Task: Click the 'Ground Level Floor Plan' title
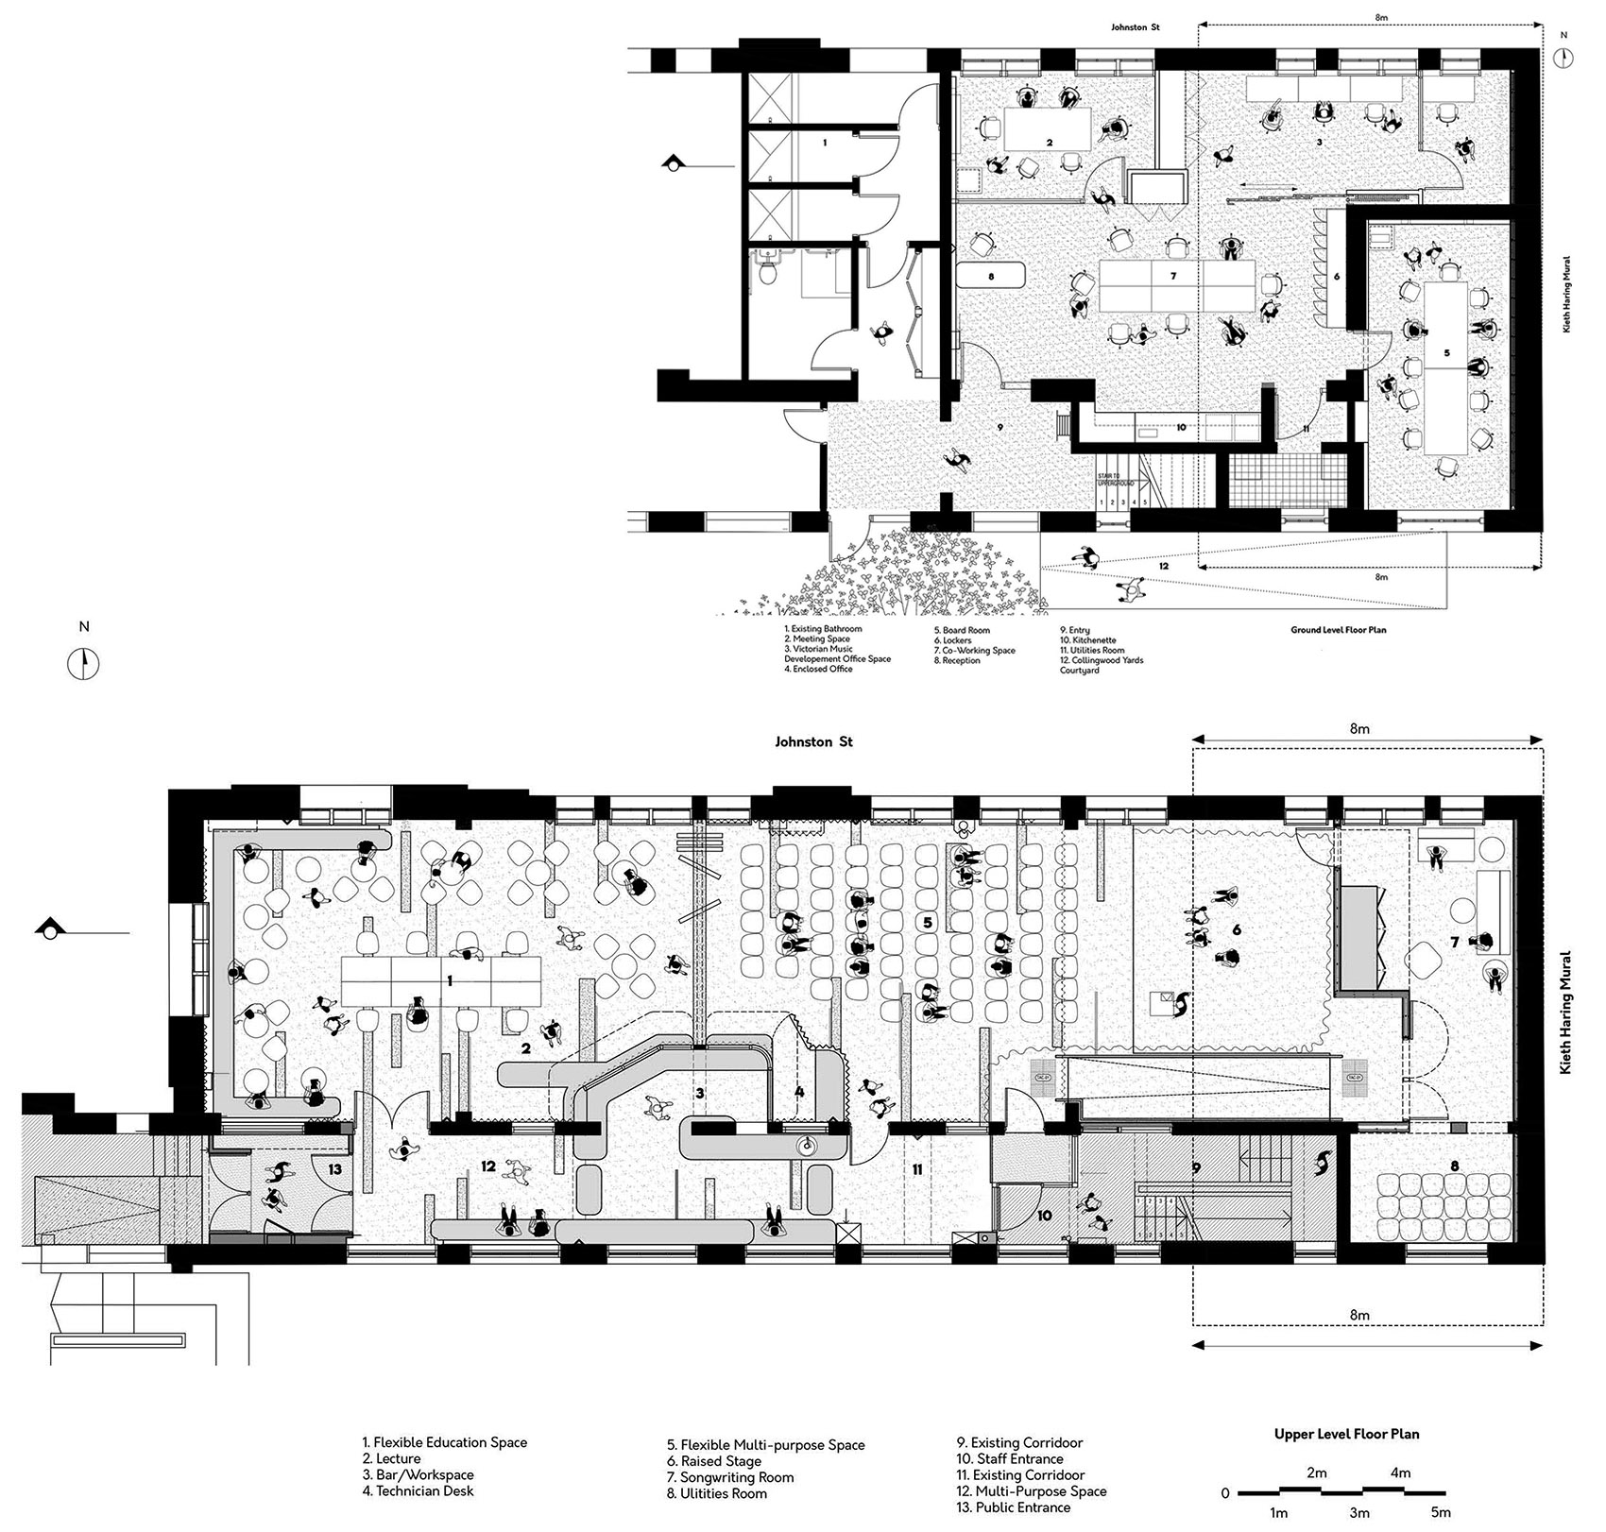pos(1339,629)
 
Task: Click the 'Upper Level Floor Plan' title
pos(1346,1434)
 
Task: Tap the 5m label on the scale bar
pos(1440,1512)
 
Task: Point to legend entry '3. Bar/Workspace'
pos(418,1474)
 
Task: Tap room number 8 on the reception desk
pos(991,278)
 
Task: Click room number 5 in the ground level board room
pos(1446,351)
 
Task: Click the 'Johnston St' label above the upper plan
pos(813,742)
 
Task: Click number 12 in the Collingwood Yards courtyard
pos(1163,566)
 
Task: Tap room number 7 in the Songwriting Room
pos(1455,943)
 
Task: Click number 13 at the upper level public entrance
pos(334,1169)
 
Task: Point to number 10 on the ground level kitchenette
pos(1180,428)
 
